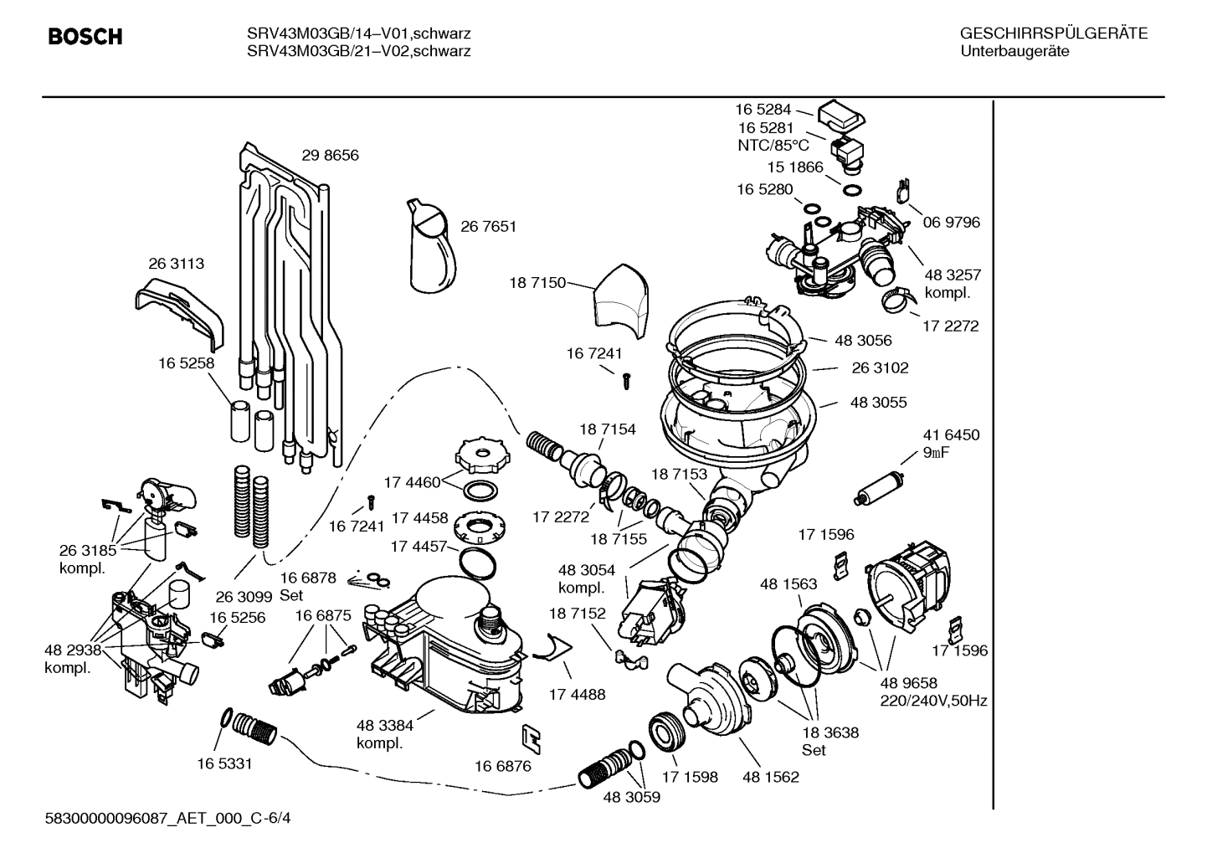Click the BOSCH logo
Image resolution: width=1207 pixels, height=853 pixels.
click(x=85, y=37)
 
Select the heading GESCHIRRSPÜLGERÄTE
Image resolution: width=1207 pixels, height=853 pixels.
click(x=1053, y=33)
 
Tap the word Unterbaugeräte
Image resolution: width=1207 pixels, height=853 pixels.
click(x=1014, y=51)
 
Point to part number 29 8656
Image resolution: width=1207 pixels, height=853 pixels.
click(x=330, y=156)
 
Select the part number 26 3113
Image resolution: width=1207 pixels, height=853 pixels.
click(x=176, y=264)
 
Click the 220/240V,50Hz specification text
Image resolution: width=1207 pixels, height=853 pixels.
click(x=933, y=701)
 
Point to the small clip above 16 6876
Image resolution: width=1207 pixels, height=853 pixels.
click(x=531, y=736)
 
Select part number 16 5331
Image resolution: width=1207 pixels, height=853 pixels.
click(x=224, y=763)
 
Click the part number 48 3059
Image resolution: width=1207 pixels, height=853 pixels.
click(x=631, y=798)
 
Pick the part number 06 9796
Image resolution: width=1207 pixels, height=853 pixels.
click(x=952, y=223)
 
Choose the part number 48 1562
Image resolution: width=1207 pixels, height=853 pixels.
click(x=770, y=777)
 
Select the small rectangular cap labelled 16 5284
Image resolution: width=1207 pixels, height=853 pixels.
click(x=841, y=116)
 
